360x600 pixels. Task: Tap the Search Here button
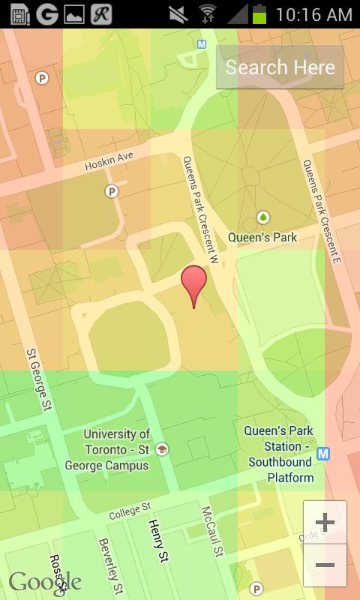(280, 67)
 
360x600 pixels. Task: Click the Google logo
(45, 582)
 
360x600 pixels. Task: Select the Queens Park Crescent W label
(200, 209)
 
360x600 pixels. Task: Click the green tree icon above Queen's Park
(262, 217)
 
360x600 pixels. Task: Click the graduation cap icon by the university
(162, 449)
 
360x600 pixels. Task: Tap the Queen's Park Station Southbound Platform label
(280, 454)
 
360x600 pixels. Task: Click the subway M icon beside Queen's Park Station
(323, 454)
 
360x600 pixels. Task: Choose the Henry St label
(158, 540)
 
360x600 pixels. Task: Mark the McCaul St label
(212, 531)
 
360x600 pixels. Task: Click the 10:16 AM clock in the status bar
(313, 14)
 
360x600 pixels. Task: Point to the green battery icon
(259, 13)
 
